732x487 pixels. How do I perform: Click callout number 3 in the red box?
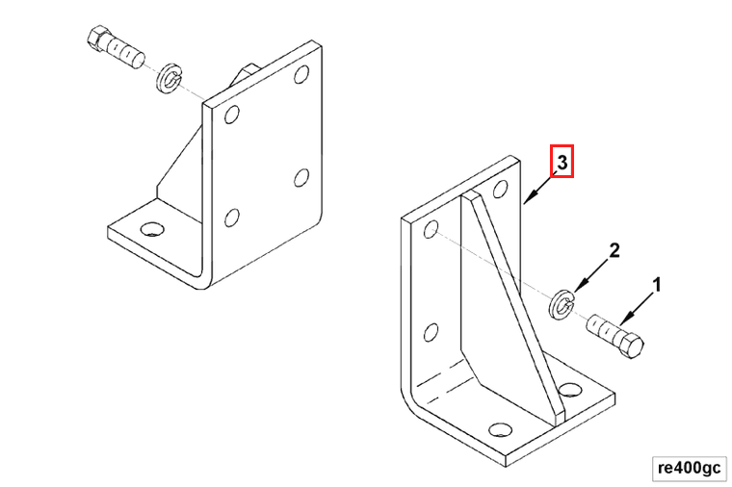(x=562, y=163)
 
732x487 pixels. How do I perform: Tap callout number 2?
(x=614, y=250)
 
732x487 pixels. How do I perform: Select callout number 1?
(x=656, y=285)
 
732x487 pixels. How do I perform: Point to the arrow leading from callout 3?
(x=540, y=188)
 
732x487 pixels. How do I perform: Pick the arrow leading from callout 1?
(x=637, y=309)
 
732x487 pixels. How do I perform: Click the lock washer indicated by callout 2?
(x=562, y=305)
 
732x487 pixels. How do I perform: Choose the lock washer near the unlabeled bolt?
(x=169, y=78)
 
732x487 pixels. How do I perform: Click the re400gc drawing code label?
(x=689, y=468)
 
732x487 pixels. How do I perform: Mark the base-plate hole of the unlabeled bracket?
(x=152, y=229)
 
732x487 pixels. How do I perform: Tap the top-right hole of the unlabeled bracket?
(x=301, y=74)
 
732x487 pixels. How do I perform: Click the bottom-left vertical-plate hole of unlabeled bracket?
(x=232, y=218)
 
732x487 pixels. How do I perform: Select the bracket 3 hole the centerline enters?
(x=431, y=229)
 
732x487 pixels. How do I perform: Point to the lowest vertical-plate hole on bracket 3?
(x=431, y=333)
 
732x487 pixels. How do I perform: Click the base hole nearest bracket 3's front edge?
(x=501, y=429)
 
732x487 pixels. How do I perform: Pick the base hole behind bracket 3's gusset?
(x=569, y=390)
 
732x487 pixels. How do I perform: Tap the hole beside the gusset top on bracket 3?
(x=501, y=189)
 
